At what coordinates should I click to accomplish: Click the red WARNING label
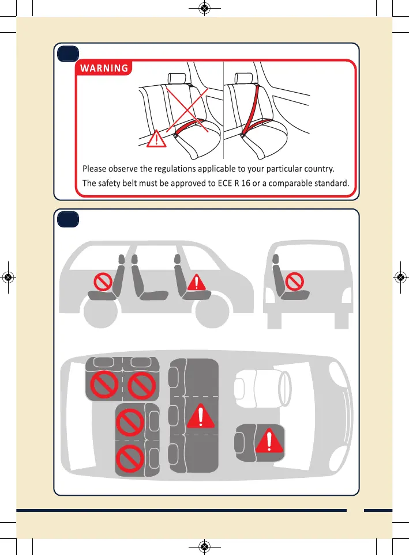104,69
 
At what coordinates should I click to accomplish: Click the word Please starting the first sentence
96,169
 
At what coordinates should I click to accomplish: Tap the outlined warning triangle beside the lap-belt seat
156,140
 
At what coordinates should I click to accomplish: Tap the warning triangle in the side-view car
197,282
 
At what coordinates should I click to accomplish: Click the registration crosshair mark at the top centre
204,8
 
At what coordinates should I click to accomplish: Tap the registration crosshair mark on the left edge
8,277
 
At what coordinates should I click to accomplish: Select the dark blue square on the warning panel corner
67,54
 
